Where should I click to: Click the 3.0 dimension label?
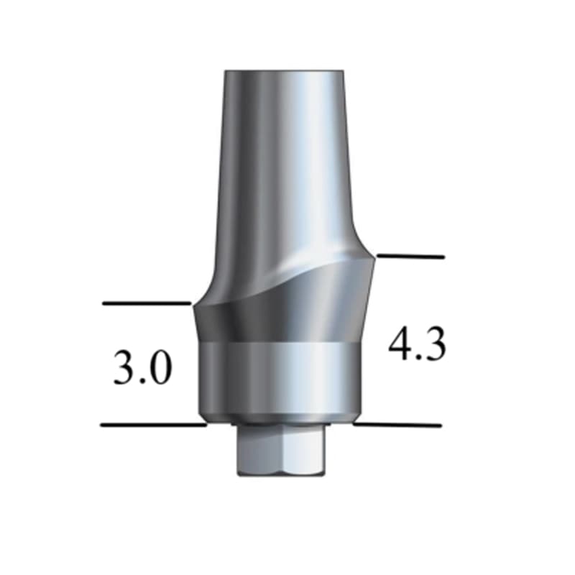pos(142,368)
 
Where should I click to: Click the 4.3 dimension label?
pos(418,345)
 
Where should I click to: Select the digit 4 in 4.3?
pos(400,345)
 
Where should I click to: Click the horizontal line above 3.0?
pos(146,303)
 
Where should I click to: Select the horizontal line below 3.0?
pos(153,425)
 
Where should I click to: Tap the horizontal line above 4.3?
pos(410,256)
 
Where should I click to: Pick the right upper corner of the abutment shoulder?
pos(374,257)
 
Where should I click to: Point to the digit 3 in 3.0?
pos(124,368)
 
